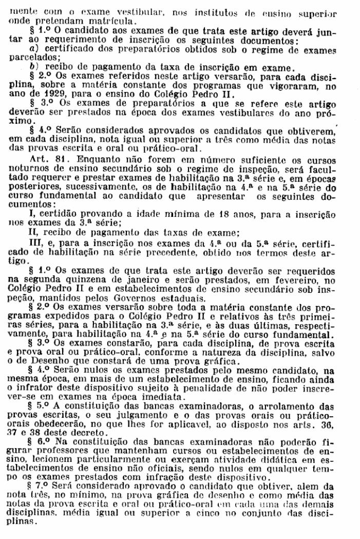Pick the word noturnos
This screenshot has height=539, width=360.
tap(36, 169)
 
